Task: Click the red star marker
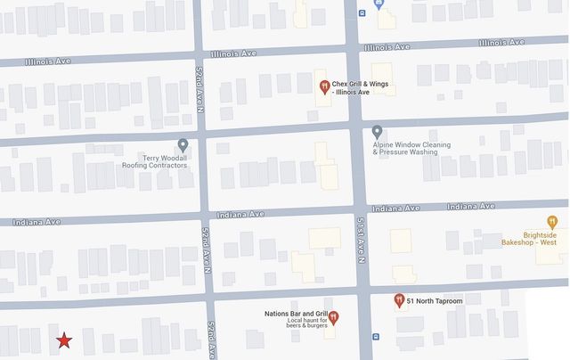(x=64, y=340)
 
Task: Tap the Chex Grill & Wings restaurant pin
(x=324, y=86)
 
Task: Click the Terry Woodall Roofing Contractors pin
(x=183, y=144)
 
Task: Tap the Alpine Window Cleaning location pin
(x=377, y=132)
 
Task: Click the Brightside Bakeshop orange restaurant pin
(x=552, y=222)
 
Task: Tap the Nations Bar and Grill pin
(x=334, y=317)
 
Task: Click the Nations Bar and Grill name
(x=296, y=314)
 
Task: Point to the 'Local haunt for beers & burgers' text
(x=297, y=323)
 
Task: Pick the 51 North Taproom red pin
(x=399, y=300)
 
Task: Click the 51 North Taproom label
(x=437, y=301)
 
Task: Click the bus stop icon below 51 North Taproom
(x=376, y=337)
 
